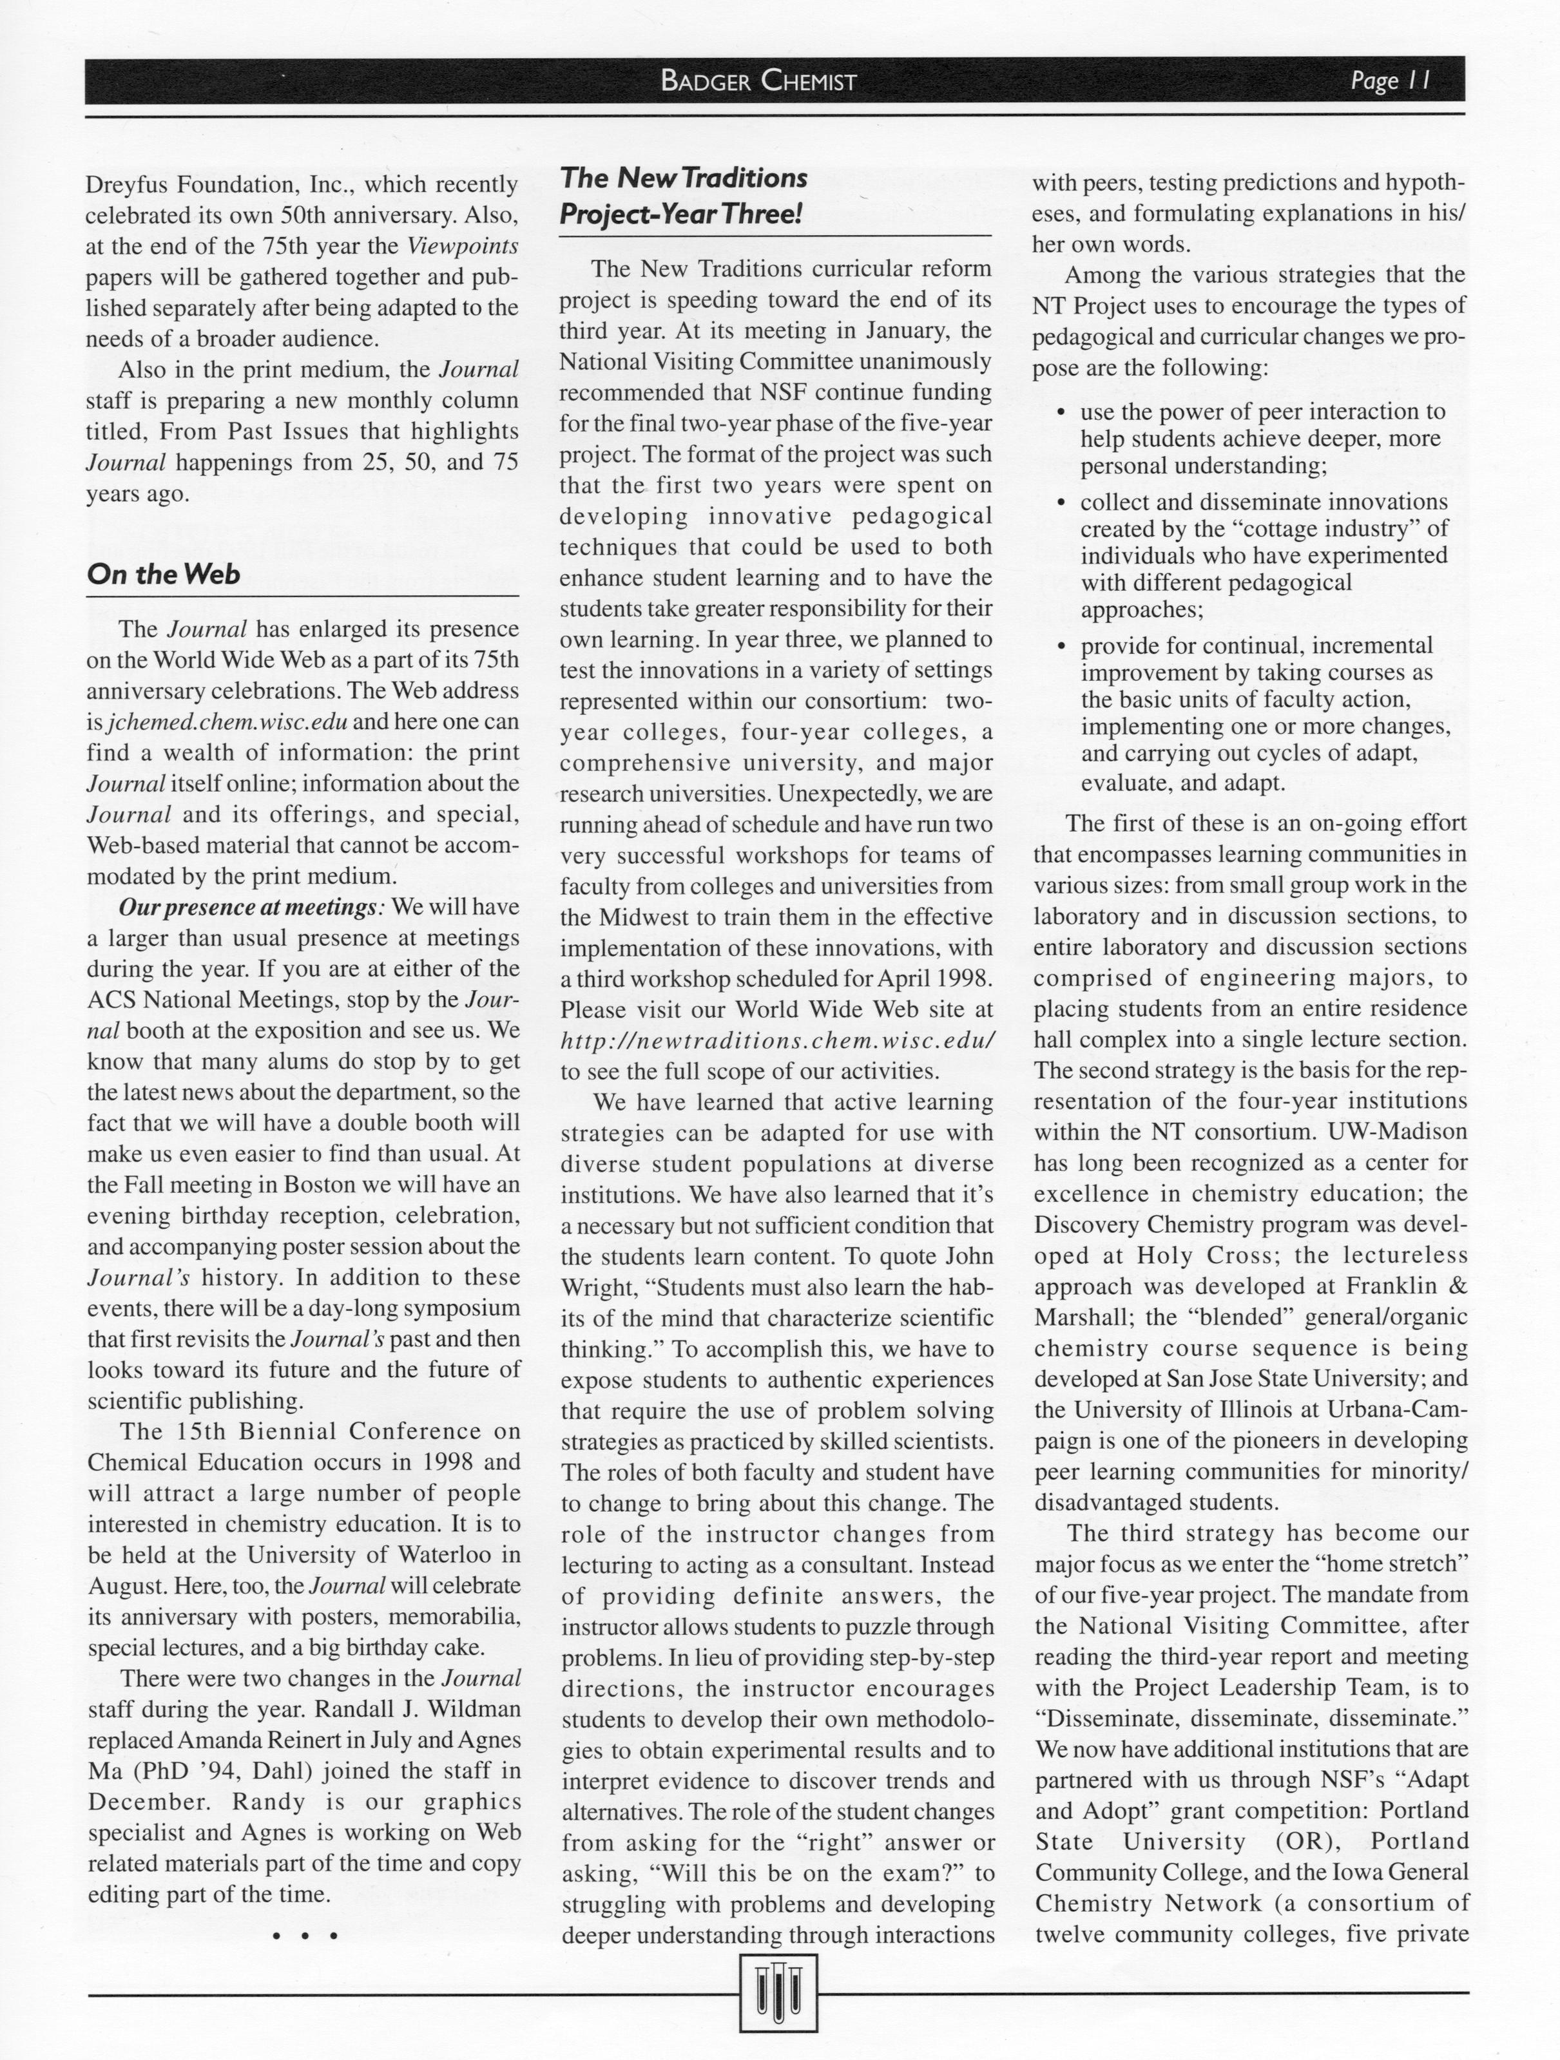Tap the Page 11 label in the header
1389,81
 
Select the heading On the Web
163,575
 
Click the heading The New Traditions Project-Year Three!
682,196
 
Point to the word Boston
320,1185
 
